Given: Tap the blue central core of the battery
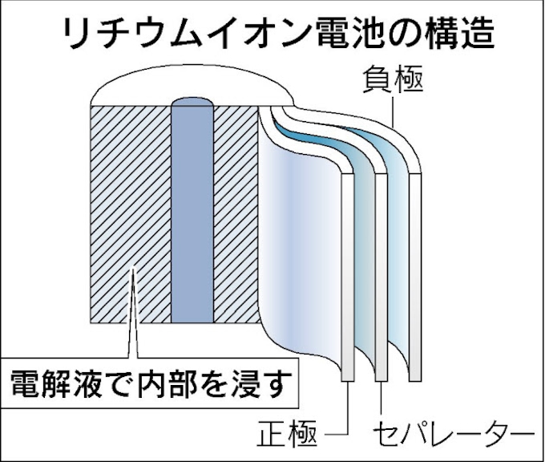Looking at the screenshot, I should click(x=192, y=217).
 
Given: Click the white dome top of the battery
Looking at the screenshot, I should click(x=192, y=83).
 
